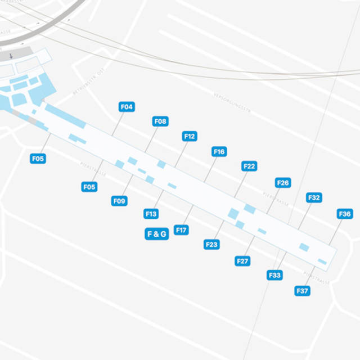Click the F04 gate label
tap(127, 107)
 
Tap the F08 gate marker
tap(160, 121)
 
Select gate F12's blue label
tap(190, 136)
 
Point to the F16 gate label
tap(219, 152)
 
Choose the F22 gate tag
tap(249, 166)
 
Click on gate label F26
tap(283, 183)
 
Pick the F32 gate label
tap(314, 197)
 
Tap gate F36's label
tap(345, 214)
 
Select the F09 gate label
tap(119, 201)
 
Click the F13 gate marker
tap(151, 214)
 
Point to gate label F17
tap(181, 229)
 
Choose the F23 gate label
tap(211, 245)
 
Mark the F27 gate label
tap(242, 261)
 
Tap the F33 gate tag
tap(274, 275)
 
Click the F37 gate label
tap(302, 291)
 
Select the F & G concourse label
tap(157, 234)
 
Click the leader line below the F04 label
tap(119, 124)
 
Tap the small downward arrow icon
tap(11, 56)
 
